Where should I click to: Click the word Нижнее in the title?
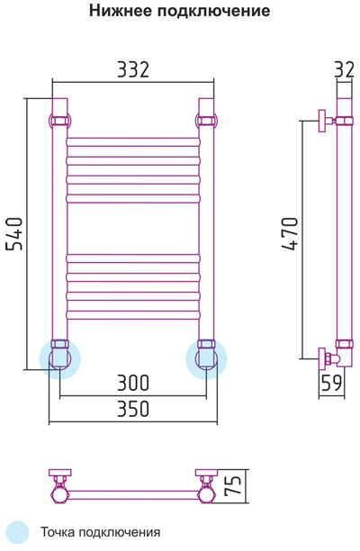(x=120, y=11)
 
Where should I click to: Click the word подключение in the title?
(x=213, y=12)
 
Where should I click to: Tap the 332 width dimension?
(x=133, y=69)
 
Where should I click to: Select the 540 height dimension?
(x=14, y=234)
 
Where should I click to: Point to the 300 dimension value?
(x=133, y=383)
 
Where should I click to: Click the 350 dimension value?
(x=133, y=409)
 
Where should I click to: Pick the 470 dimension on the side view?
(x=290, y=234)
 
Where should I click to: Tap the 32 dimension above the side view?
(x=344, y=69)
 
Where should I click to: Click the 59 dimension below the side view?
(x=331, y=383)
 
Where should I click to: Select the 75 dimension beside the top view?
(x=233, y=486)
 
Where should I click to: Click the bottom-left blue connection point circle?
(x=60, y=359)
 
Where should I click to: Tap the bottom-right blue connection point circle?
(x=206, y=359)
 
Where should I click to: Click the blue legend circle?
(x=18, y=532)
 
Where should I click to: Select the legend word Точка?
(x=58, y=532)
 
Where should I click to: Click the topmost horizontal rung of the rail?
(x=133, y=142)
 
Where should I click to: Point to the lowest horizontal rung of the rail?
(x=133, y=315)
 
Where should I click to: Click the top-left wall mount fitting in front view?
(x=60, y=122)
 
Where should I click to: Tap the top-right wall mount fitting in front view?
(x=206, y=122)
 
